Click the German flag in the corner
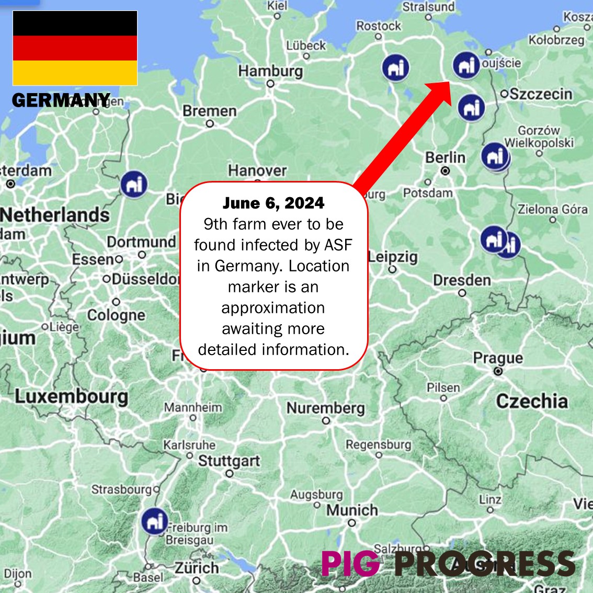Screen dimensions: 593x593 [75, 48]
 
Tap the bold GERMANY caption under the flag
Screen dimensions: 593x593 [61, 100]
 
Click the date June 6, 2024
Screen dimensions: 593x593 [273, 203]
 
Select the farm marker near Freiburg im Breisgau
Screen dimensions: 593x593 [154, 521]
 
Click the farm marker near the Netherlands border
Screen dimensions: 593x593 [134, 184]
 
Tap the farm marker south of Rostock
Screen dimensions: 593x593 [395, 67]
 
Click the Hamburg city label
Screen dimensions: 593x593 [270, 71]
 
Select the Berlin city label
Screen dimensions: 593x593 [445, 157]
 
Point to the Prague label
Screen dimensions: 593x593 [498, 358]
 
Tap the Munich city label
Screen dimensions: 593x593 [352, 510]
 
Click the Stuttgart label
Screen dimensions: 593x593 [229, 461]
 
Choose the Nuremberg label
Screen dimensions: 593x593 [326, 407]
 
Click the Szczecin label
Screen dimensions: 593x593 [541, 94]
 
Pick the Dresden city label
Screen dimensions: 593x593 [462, 280]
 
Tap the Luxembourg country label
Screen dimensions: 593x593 [71, 396]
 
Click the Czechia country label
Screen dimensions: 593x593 [532, 401]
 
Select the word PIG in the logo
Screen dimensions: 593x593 [350, 564]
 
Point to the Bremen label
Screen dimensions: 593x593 [209, 111]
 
